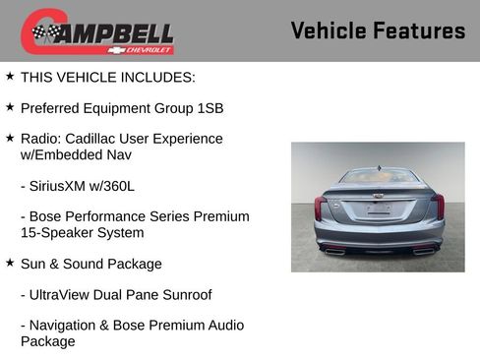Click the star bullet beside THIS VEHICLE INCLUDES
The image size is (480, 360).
(10, 76)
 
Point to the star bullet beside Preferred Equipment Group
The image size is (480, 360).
(10, 106)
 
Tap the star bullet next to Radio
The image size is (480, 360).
(10, 138)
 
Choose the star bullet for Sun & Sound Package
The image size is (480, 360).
(10, 264)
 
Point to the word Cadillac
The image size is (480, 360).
(99, 139)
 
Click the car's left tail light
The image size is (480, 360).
(321, 207)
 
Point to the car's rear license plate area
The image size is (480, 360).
(379, 209)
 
